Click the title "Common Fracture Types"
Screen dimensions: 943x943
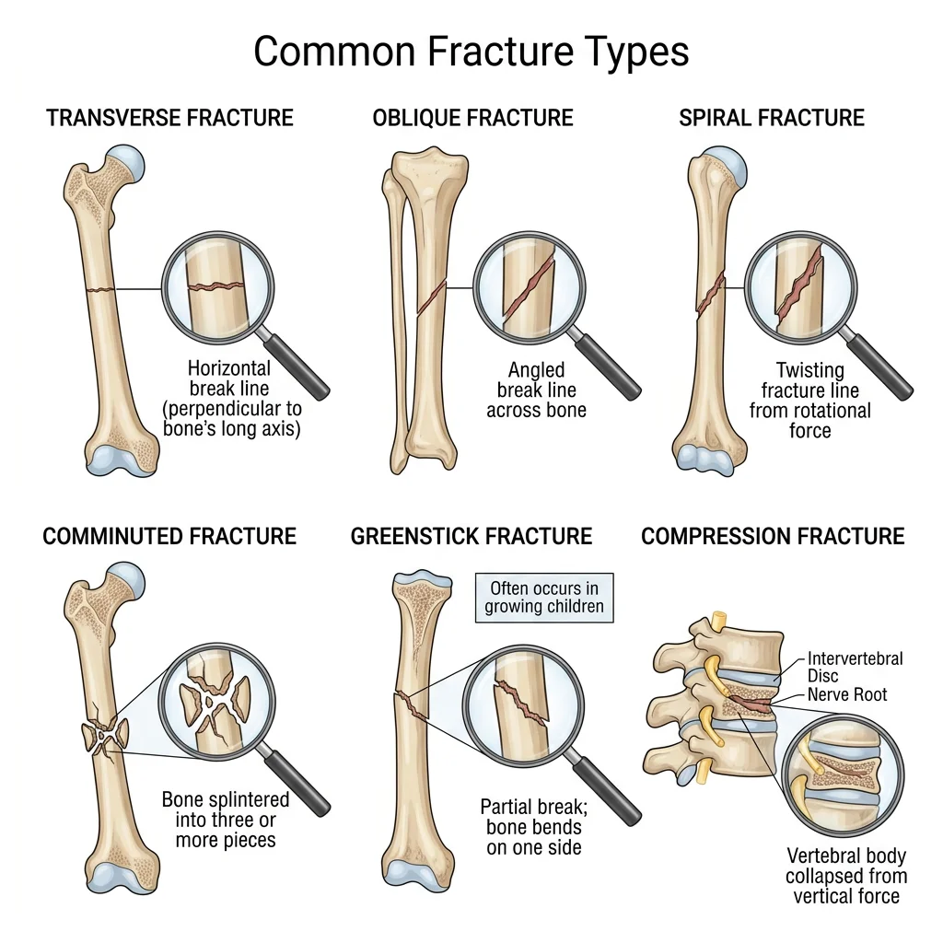(471, 52)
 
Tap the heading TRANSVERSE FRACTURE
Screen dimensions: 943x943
(170, 118)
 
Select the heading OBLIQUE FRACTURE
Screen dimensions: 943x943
(472, 118)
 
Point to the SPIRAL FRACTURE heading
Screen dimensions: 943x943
(772, 118)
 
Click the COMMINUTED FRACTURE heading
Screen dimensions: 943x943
(169, 536)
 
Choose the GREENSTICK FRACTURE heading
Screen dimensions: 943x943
(471, 536)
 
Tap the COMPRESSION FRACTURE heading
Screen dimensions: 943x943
(773, 536)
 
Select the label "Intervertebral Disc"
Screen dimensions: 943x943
(855, 668)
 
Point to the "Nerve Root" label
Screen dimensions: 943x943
(847, 694)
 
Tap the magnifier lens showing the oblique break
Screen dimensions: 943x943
(530, 286)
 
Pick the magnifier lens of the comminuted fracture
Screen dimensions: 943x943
(216, 706)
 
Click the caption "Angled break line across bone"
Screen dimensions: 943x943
(536, 390)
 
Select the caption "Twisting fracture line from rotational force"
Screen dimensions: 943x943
(809, 401)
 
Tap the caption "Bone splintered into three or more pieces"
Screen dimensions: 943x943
(225, 820)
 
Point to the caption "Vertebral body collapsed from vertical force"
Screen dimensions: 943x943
(845, 876)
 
